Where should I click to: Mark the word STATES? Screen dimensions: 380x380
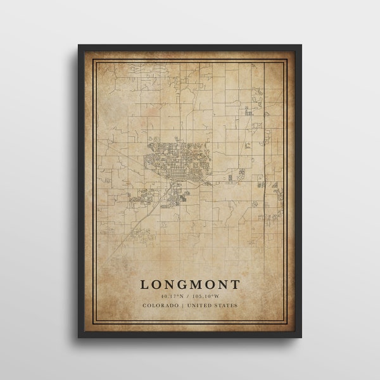227,306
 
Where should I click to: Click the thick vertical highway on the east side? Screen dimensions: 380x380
263,158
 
